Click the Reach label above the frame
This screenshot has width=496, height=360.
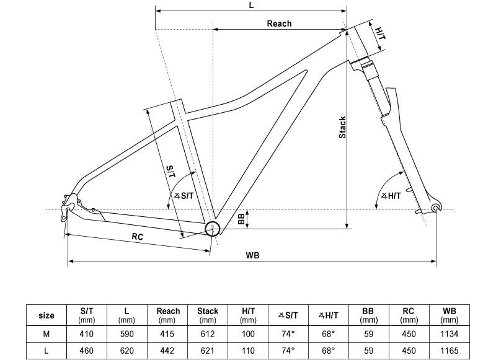[279, 24]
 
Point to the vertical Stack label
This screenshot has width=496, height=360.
[342, 127]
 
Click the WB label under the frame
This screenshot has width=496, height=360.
[252, 255]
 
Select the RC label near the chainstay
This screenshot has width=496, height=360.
[138, 237]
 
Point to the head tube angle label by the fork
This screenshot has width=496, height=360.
[391, 196]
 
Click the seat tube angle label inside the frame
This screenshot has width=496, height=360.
[184, 196]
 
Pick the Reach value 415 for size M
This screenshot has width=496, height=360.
[168, 334]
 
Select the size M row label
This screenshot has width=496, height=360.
[46, 334]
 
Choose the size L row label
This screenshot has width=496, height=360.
[46, 350]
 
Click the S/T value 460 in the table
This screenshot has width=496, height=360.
[87, 350]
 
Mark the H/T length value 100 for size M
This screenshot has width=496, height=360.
[248, 334]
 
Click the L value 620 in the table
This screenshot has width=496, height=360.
[127, 350]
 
